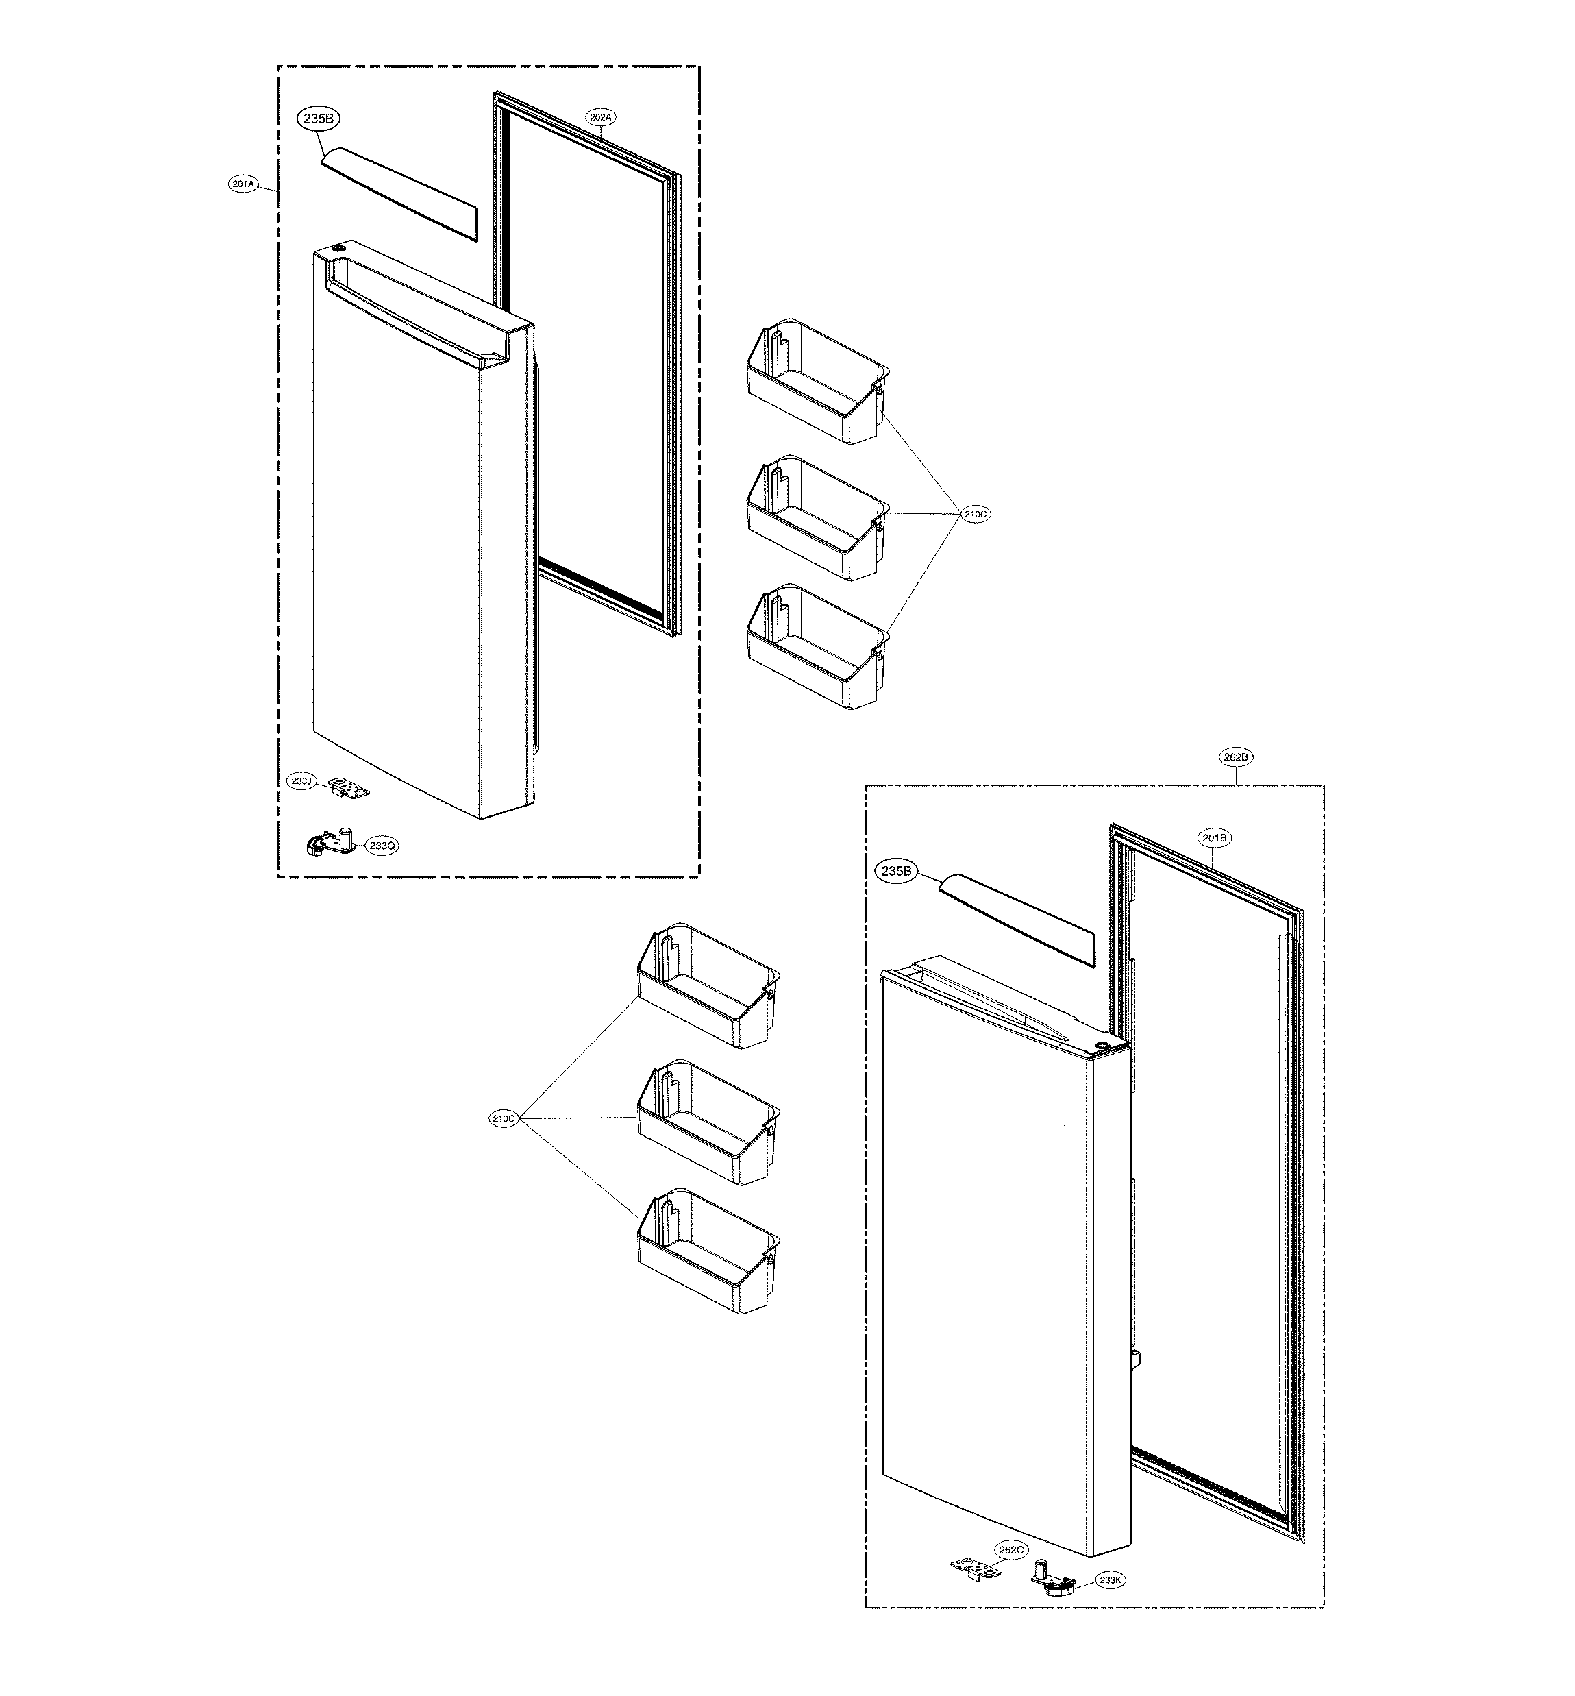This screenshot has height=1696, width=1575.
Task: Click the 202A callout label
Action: tap(600, 116)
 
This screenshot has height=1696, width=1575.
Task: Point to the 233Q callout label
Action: tap(381, 846)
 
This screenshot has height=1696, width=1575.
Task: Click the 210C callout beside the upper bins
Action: tap(977, 514)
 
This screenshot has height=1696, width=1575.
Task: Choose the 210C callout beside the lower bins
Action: tap(503, 1118)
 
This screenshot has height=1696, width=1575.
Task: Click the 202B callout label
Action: tap(1237, 756)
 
